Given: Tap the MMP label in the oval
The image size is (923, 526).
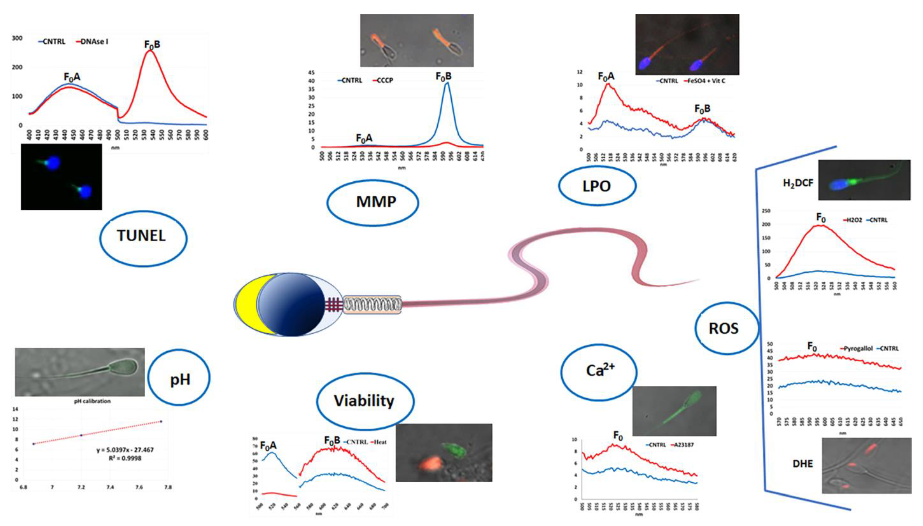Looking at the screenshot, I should click(x=376, y=202).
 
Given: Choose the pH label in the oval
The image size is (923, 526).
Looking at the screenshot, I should click(x=180, y=380).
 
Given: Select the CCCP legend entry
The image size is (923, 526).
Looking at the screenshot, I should click(x=385, y=80).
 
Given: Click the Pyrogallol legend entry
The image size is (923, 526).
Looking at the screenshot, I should click(x=858, y=349).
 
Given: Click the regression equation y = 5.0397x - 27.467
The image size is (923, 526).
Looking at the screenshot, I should click(x=125, y=450).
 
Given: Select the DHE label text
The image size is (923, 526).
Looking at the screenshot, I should click(x=802, y=464).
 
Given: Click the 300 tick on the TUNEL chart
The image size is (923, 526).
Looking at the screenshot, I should click(x=17, y=38).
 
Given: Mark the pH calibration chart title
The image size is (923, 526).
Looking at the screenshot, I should click(x=92, y=401).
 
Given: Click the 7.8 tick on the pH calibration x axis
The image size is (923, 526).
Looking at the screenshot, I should click(x=168, y=487).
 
